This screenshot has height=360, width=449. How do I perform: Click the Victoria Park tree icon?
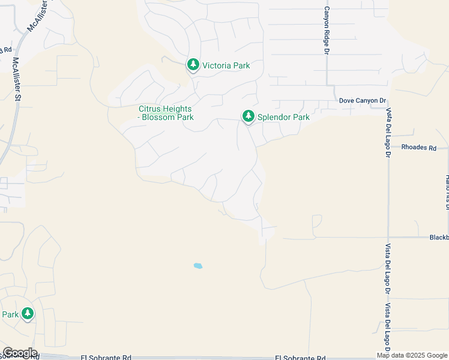[x=193, y=64]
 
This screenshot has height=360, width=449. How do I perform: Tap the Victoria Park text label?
[x=226, y=65]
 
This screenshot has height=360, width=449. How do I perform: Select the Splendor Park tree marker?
[x=248, y=116]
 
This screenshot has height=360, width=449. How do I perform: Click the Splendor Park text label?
[x=283, y=117]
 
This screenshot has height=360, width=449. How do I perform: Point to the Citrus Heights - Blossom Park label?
[x=166, y=113]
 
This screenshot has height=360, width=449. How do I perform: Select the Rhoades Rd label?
[x=418, y=147]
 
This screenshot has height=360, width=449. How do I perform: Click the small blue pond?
[x=197, y=265]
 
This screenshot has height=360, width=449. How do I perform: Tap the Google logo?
[x=19, y=353]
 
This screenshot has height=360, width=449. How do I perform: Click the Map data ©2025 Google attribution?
[x=412, y=355]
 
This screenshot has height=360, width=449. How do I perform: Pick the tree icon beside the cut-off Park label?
[x=27, y=313]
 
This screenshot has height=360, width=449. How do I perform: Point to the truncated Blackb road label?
[x=438, y=238]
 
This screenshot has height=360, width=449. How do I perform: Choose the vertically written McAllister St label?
[x=16, y=78]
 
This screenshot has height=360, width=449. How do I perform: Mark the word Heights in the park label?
[x=178, y=109]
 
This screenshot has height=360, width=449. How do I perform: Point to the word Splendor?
[x=275, y=117]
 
